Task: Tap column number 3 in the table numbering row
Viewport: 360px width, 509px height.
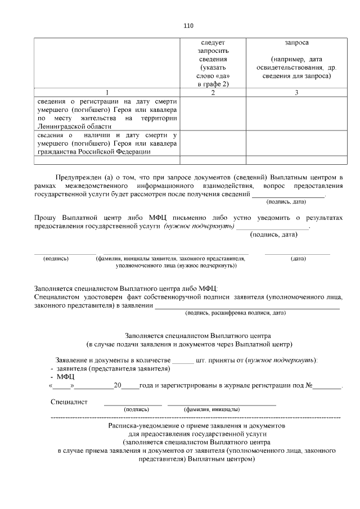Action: (x=296, y=92)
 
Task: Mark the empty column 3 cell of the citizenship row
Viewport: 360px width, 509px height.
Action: (x=296, y=143)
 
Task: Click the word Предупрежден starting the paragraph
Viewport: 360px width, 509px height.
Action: (x=80, y=177)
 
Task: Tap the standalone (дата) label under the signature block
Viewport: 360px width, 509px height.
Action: (x=298, y=259)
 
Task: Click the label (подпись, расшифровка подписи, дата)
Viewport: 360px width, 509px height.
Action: (x=236, y=312)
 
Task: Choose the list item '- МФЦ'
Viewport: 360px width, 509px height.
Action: (x=58, y=377)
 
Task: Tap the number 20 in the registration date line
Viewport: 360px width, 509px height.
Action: (x=118, y=386)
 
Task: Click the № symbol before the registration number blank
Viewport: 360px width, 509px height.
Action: (x=309, y=386)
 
